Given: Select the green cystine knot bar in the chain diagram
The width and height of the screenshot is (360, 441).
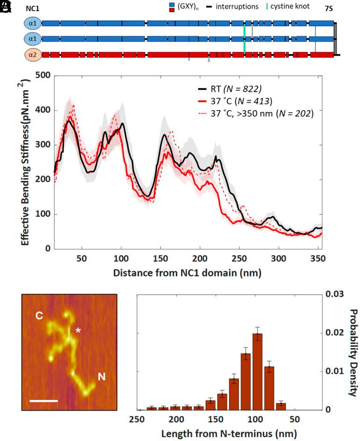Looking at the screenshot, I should pos(244,39).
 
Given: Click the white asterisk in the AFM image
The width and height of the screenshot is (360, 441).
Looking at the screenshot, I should pos(78,331).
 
